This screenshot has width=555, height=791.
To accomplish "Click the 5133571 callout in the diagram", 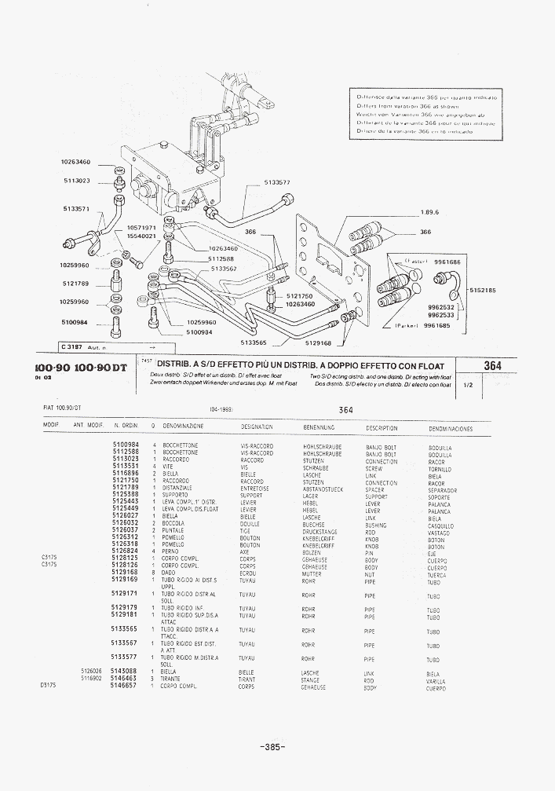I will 75,209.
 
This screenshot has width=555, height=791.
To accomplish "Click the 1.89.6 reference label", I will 429,211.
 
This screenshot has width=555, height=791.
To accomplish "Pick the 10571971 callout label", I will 142,228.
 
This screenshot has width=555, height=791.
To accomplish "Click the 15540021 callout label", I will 142,236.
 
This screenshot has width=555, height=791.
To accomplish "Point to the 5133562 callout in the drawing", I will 225,269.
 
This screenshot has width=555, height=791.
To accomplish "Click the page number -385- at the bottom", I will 272,746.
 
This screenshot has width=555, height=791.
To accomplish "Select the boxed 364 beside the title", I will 492,366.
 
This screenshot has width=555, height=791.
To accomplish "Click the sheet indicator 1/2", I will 469,386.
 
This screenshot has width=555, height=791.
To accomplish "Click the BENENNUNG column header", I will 319,427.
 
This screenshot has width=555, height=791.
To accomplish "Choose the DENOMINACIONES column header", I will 451,429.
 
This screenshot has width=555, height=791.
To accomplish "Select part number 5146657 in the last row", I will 124,686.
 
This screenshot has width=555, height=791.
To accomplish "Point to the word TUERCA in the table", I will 436,575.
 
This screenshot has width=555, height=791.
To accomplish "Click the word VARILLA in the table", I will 436,681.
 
